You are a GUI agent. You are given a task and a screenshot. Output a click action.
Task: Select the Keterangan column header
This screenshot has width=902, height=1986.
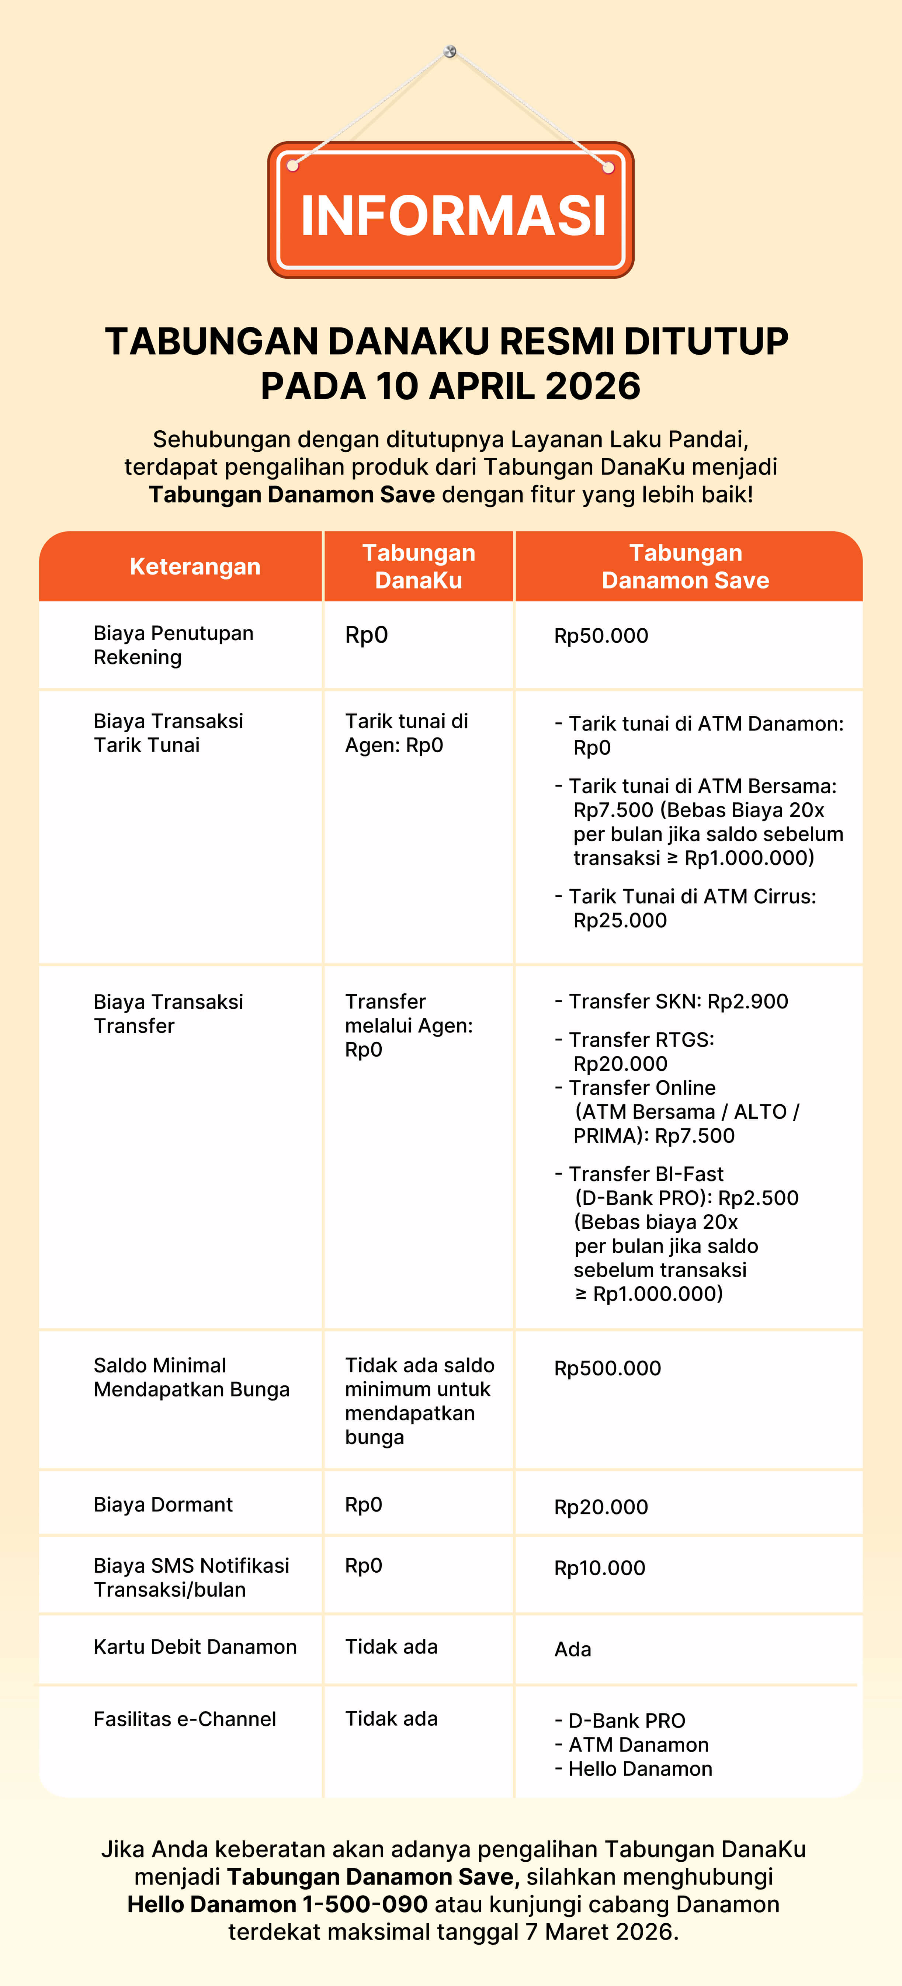195,567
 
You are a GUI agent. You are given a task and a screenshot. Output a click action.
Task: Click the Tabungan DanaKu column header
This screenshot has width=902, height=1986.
419,567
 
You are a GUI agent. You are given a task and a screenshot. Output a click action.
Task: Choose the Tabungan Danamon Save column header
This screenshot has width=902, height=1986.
686,567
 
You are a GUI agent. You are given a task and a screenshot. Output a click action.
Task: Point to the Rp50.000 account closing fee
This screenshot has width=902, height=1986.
601,636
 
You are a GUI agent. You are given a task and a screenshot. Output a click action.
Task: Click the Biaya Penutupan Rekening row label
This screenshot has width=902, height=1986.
173,645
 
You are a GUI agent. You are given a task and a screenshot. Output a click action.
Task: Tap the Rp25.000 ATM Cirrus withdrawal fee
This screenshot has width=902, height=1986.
620,920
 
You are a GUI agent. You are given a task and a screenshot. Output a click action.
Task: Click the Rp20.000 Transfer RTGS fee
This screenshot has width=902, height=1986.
620,1064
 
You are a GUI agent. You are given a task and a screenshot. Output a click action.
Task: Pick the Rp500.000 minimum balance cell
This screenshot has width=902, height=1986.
607,1368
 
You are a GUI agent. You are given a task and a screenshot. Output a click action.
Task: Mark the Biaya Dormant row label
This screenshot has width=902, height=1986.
163,1505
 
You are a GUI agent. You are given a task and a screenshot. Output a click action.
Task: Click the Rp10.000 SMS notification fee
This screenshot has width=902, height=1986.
600,1568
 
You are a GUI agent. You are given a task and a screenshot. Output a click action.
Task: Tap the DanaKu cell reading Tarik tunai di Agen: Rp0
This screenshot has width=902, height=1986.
406,733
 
